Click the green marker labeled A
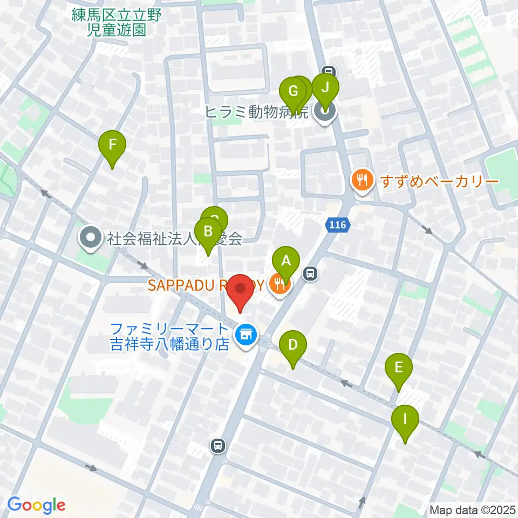(286, 261)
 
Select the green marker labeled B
(207, 231)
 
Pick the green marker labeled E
(399, 367)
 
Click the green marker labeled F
(112, 145)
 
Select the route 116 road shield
(338, 224)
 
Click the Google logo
(36, 505)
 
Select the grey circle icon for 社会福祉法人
(90, 238)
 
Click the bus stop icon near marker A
(310, 274)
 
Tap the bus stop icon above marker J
(328, 70)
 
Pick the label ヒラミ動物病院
(256, 112)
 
